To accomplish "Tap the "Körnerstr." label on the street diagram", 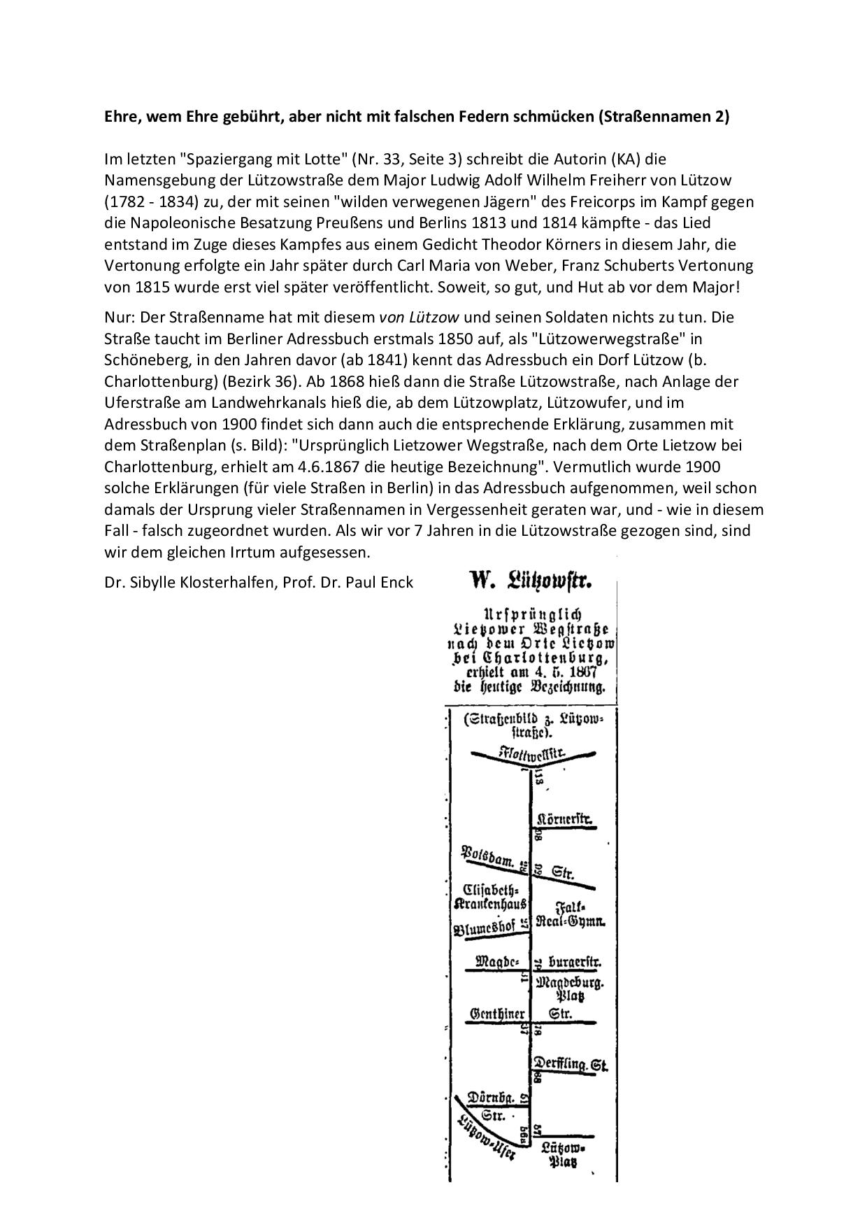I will tap(565, 819).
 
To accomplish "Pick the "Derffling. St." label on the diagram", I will tap(571, 1065).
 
